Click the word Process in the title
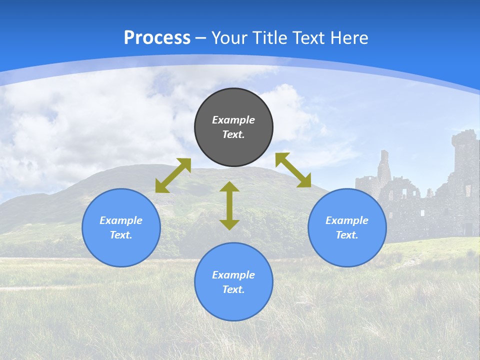coord(157,38)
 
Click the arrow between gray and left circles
coord(173,175)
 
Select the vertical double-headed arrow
coord(229,205)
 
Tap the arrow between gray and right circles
coord(293,170)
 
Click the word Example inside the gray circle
coord(233,120)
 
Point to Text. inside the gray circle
coord(233,134)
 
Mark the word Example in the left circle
coord(121,220)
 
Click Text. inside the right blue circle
coord(347,235)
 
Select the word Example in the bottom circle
coord(233,275)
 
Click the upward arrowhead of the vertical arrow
coord(229,186)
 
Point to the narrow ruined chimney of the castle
coord(384,165)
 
